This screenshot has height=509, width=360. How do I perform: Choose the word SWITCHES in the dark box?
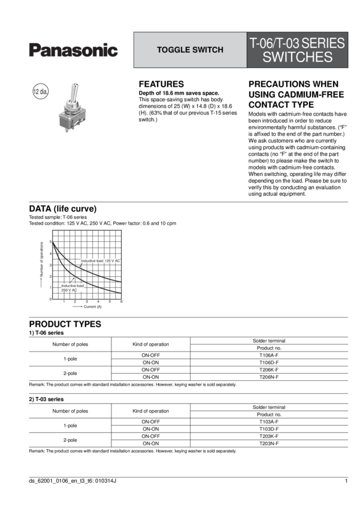297,57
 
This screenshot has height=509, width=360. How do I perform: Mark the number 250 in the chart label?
65,290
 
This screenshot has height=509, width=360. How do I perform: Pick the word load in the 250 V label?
80,286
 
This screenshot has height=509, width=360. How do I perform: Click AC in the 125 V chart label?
118,261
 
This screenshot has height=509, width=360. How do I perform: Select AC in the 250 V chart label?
74,290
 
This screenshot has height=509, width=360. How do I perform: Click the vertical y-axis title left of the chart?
41,263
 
